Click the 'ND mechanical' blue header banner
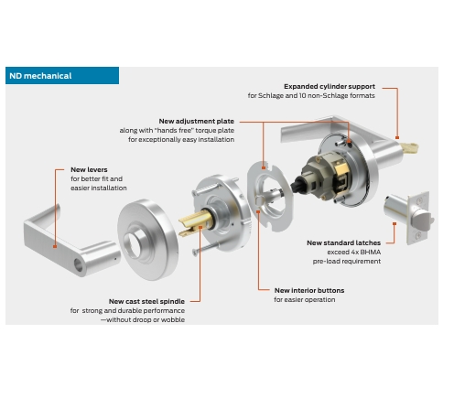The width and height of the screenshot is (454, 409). point(62,76)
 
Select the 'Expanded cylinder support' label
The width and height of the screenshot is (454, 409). point(330,86)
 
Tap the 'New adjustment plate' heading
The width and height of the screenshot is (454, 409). point(197,121)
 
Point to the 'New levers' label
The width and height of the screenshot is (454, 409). point(89,169)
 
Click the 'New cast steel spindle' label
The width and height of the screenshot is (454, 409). point(146,301)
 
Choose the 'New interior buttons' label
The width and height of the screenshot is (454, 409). point(309,290)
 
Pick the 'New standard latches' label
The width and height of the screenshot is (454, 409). point(344,242)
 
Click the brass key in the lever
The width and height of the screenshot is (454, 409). point(410,148)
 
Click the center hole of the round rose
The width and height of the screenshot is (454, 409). point(133,244)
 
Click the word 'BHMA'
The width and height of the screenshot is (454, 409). point(371,253)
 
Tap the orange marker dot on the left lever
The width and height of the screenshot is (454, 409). point(55,246)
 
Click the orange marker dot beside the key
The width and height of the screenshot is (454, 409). point(397,138)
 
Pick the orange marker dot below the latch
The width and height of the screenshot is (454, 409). point(395,224)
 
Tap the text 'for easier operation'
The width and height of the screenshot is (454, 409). point(305,300)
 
